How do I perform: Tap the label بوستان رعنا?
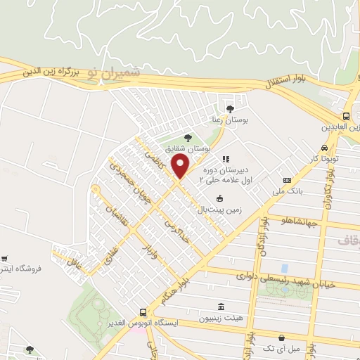point(231,120)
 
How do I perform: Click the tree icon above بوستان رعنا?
point(231,108)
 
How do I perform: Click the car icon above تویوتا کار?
point(323,148)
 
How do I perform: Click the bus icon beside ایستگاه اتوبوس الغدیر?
point(143,312)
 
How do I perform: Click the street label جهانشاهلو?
point(298,223)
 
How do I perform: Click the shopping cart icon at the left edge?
point(6,259)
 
